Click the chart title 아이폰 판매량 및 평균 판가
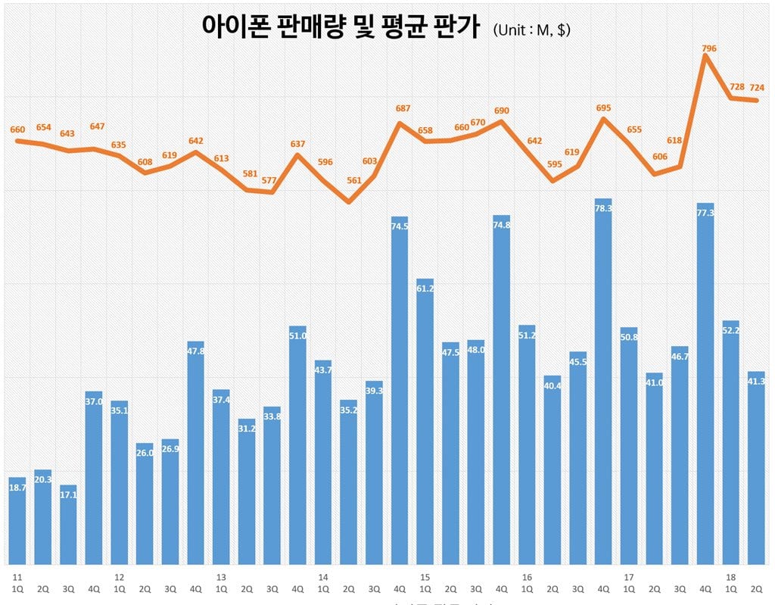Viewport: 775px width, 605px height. coord(340,28)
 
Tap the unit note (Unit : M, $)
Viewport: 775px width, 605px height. coord(531,30)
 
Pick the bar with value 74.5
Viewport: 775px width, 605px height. coord(400,390)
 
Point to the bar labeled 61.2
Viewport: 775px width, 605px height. coord(425,421)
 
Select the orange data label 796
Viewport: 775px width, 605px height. coord(708,48)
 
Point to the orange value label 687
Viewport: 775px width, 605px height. coord(403,109)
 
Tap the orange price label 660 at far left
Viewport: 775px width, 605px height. coord(17,129)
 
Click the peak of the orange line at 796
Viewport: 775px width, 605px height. coord(705,56)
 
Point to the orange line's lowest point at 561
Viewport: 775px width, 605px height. coord(348,202)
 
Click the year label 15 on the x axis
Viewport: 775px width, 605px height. coord(425,576)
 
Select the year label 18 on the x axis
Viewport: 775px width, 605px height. coord(730,576)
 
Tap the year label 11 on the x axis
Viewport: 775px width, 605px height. coord(17,576)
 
